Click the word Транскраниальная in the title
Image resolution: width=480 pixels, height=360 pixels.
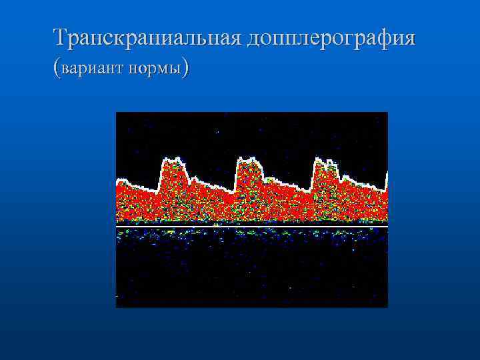coord(148,37)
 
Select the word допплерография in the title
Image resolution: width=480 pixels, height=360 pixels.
coord(331,38)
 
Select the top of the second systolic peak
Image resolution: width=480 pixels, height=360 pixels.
coord(249,159)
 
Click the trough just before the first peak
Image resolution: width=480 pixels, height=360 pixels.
coord(153,191)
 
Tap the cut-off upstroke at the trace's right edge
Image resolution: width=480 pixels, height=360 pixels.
coord(386,179)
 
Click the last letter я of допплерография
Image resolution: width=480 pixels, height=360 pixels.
coord(409,38)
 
